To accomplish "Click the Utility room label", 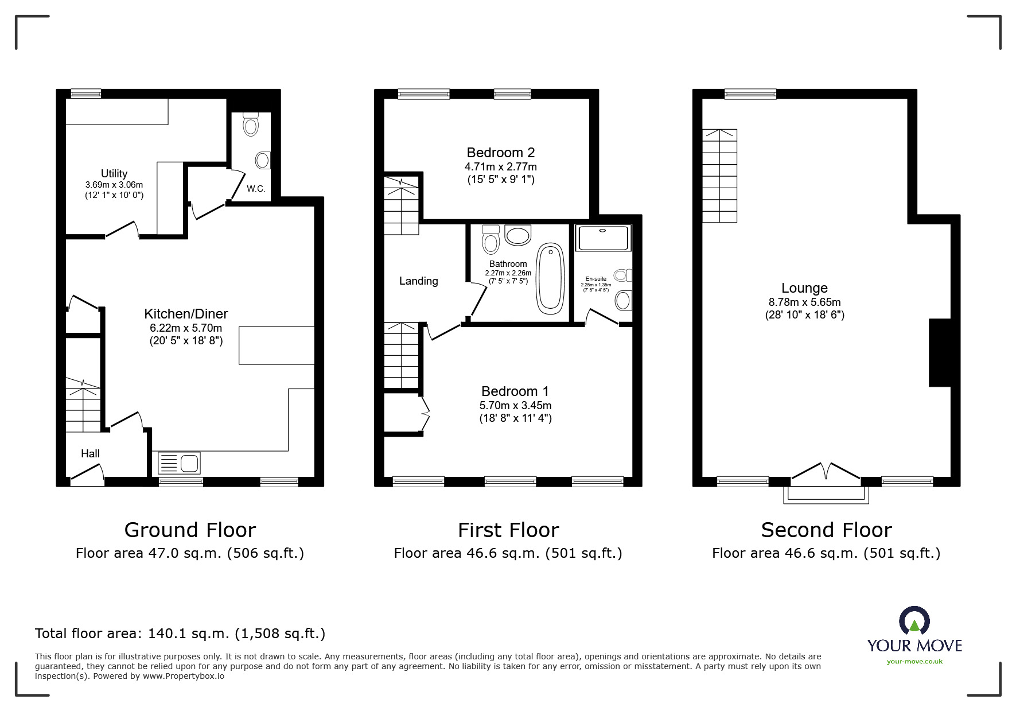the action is pos(114,173).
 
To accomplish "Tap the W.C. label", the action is pos(256,189).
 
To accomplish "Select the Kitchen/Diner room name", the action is pos(186,314).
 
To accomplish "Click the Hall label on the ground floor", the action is pos(90,453).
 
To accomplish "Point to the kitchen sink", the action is pos(179,462).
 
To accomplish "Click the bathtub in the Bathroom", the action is pos(550,279).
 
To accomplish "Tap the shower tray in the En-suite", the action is pos(603,238).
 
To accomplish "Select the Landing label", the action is pos(419,281).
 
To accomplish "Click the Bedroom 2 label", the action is pos(501,153).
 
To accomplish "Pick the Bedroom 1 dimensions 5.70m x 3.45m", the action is pos(516,405).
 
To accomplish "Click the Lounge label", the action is pos(804,288).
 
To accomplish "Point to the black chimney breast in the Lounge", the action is pos(940,352).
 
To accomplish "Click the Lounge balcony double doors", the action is pos(826,471).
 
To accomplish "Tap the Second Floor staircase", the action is pos(720,176).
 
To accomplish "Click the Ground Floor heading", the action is pos(190,530).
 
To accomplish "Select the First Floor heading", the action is pos(508,530).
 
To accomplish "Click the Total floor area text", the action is pos(180,634).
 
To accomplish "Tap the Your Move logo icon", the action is pos(914,621).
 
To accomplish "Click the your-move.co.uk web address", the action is pos(914,662).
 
